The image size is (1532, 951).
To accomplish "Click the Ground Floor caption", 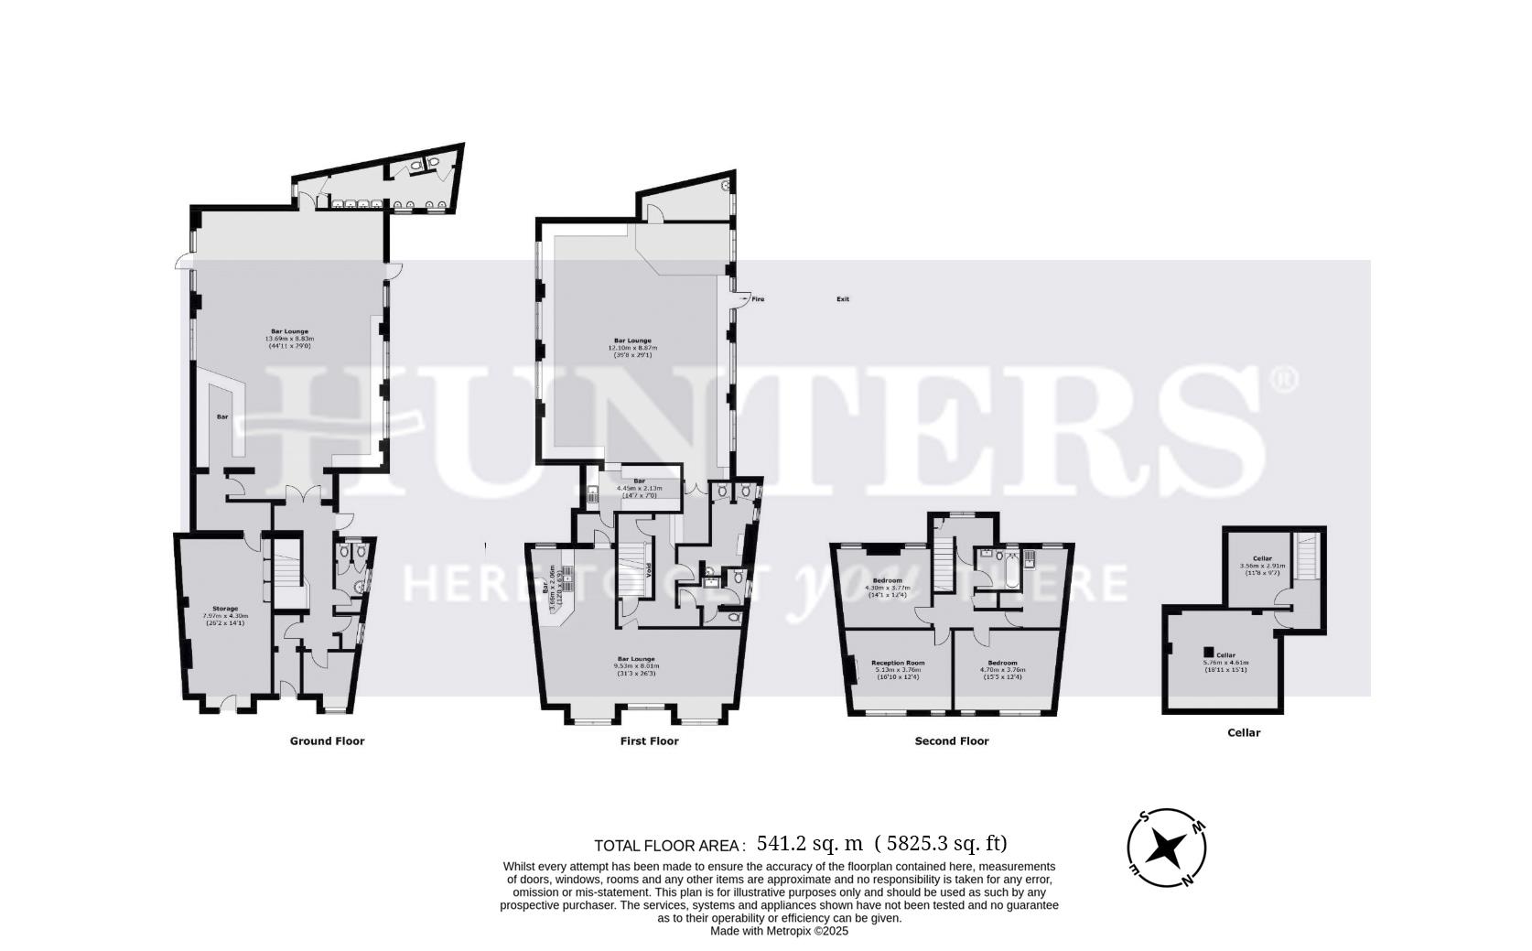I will [x=327, y=741].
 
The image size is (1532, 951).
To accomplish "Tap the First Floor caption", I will [x=649, y=741].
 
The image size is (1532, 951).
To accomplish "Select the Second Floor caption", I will [x=952, y=741].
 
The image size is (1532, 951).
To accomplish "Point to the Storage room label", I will [x=225, y=609].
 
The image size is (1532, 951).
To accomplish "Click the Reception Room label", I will [x=897, y=663].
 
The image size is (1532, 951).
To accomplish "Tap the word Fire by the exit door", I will [x=758, y=299].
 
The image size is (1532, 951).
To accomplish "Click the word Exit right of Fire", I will [x=842, y=299].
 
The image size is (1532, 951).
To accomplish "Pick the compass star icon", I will [x=1166, y=848].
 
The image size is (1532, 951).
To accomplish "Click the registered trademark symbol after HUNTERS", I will [x=1285, y=379].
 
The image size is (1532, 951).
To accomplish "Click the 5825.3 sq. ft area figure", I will [x=941, y=844].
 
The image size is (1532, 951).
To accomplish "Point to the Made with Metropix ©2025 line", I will [x=780, y=931].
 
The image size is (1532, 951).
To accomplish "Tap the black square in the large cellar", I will [x=1208, y=652].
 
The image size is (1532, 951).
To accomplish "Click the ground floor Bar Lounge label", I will [x=289, y=331].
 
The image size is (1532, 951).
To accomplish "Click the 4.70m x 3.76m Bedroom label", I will [x=1002, y=663].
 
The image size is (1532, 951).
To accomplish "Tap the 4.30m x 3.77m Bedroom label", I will [x=887, y=580].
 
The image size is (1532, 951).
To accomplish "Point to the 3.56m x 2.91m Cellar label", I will [x=1262, y=558].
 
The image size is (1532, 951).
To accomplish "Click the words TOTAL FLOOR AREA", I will [x=669, y=846].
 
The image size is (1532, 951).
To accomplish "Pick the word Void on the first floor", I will [x=650, y=569].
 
